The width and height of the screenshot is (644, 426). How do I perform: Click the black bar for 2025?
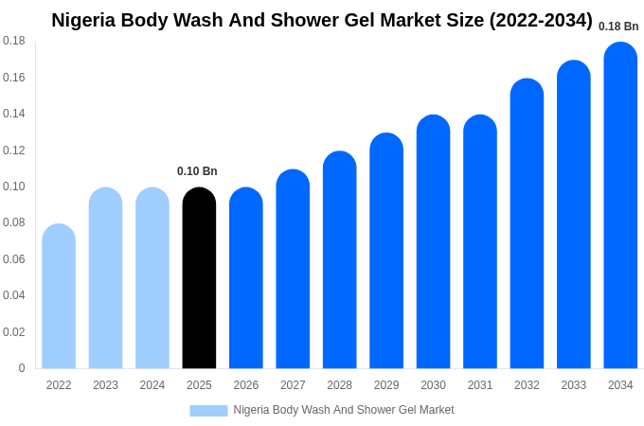coord(199,278)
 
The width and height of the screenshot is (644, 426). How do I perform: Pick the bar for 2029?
coord(386,251)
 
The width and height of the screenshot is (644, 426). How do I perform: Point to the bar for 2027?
coord(293,269)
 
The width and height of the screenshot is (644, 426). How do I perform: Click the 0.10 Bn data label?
coord(197,171)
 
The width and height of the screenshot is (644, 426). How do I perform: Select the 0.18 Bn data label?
coord(618,27)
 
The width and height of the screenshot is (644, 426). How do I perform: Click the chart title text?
coord(322,20)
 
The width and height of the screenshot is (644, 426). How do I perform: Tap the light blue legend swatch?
coord(208,410)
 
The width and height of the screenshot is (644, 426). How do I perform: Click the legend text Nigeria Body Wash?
coord(343,410)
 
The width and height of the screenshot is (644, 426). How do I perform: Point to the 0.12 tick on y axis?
coord(14,151)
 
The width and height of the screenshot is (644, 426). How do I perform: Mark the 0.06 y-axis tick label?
coord(14,259)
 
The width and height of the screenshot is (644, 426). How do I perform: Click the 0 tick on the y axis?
coord(22,368)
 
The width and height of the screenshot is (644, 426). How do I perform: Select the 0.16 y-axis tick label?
coord(14,78)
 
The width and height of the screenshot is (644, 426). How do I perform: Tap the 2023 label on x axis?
coord(105,385)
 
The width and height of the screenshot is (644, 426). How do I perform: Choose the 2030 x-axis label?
coord(433,385)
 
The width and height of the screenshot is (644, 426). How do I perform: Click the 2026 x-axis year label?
coord(246,385)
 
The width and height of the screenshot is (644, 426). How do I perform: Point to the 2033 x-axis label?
coord(574,385)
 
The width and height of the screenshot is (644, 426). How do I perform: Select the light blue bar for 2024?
coord(152,278)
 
